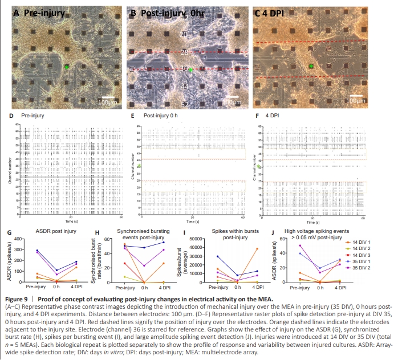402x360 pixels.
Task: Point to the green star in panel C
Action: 311,67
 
